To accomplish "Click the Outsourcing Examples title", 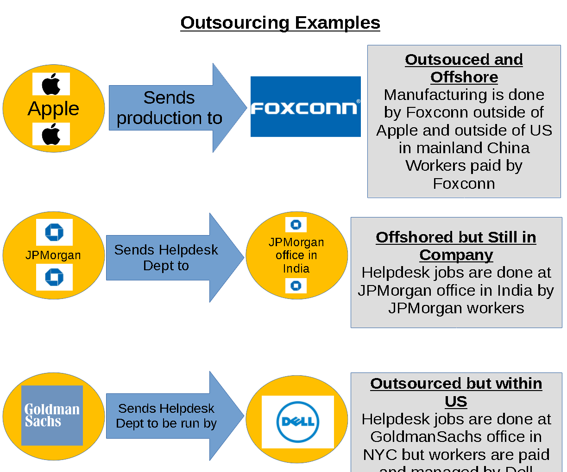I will pos(280,23).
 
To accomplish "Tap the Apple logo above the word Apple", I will pos(51,84).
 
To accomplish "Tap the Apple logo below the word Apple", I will pos(51,134).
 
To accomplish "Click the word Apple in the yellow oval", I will pos(53,109).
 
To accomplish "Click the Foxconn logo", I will pos(305,107).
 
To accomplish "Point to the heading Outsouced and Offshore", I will pos(464,68).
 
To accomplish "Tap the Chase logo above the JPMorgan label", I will pos(54,232).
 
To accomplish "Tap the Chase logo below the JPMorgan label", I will pos(54,277).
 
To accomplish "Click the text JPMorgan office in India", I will pos(296,255).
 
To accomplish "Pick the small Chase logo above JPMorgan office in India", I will pos(296,225).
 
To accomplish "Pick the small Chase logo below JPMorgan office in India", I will pos(296,286).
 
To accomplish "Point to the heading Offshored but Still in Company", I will pos(456,246).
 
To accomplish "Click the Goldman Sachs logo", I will pos(52,416).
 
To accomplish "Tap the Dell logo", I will pos(298,422).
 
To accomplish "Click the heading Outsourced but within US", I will pos(456,392).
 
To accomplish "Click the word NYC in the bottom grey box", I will pos(380,455).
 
